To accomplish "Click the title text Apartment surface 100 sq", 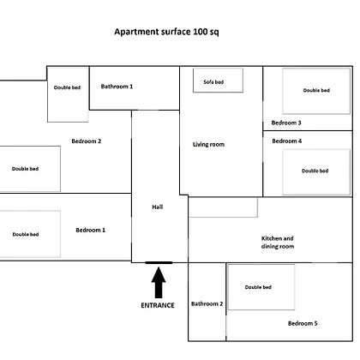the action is pyautogui.click(x=166, y=32).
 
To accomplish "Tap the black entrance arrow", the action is pyautogui.click(x=159, y=282).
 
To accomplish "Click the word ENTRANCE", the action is pyautogui.click(x=158, y=305).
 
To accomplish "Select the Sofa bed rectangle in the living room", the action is pyautogui.click(x=218, y=81).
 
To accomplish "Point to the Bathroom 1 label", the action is pyautogui.click(x=117, y=87).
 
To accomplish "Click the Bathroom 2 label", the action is pyautogui.click(x=207, y=303).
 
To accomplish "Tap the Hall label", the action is pyautogui.click(x=158, y=207).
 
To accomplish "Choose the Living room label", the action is pyautogui.click(x=208, y=145).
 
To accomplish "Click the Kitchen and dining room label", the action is pyautogui.click(x=278, y=243).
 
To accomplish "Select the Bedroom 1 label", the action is pyautogui.click(x=91, y=230).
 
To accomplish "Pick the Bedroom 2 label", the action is pyautogui.click(x=87, y=141).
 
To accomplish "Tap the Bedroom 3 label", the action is pyautogui.click(x=286, y=123).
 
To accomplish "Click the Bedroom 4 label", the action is pyautogui.click(x=287, y=141).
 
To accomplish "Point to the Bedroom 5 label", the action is pyautogui.click(x=303, y=323).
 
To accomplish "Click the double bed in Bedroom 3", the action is pyautogui.click(x=316, y=91).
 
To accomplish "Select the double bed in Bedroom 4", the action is pyautogui.click(x=316, y=172).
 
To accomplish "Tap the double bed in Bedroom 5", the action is pyautogui.click(x=261, y=287).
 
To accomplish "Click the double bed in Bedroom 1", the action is pyautogui.click(x=30, y=234).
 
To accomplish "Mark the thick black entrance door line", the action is pyautogui.click(x=159, y=262).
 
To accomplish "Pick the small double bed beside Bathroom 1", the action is pyautogui.click(x=68, y=94).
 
